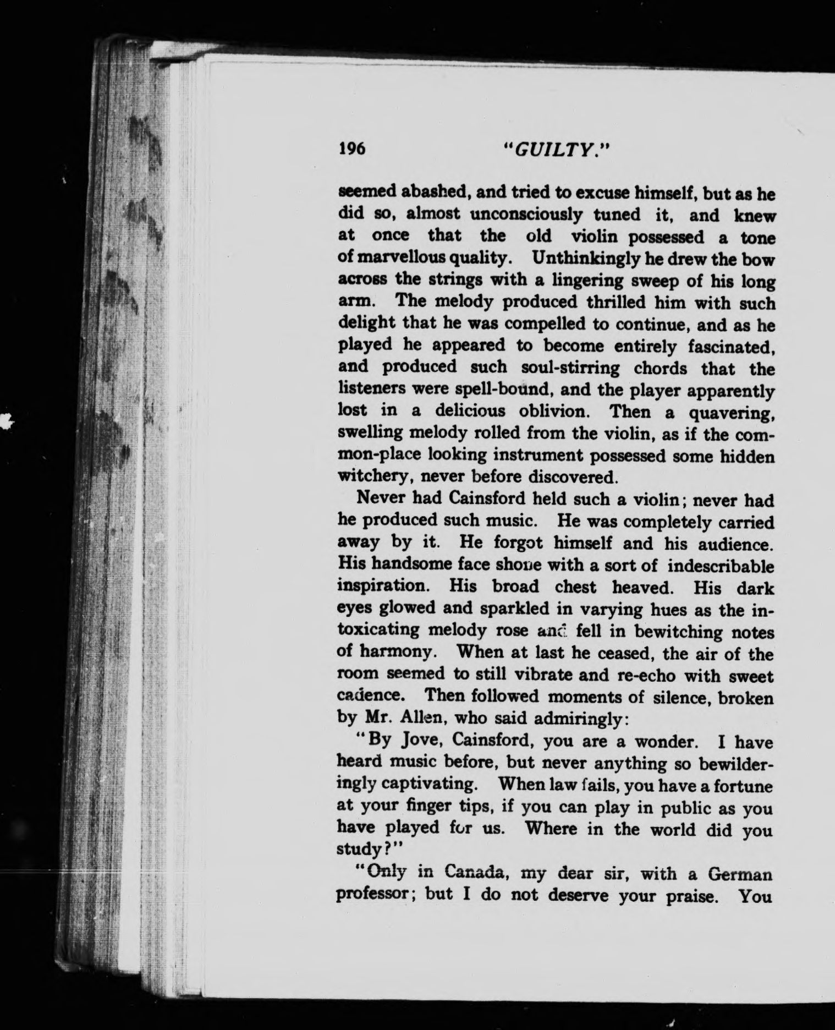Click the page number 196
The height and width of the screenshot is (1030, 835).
(353, 149)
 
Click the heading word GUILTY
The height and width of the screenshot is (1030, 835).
(550, 150)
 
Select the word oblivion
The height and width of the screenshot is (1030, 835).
(557, 411)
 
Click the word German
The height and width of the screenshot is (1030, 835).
(739, 873)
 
